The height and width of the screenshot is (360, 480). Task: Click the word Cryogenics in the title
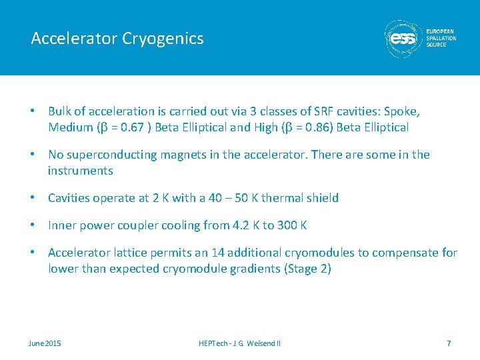[163, 39]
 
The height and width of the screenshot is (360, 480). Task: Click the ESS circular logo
[403, 39]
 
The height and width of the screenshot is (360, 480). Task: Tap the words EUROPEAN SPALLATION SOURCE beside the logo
[441, 38]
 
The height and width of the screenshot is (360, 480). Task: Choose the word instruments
[80, 171]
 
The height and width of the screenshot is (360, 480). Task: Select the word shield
[323, 198]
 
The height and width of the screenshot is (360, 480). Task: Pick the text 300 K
[293, 225]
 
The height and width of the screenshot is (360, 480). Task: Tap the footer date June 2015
[45, 343]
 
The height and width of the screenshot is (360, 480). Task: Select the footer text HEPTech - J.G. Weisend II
[239, 343]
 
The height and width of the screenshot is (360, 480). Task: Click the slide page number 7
[449, 343]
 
